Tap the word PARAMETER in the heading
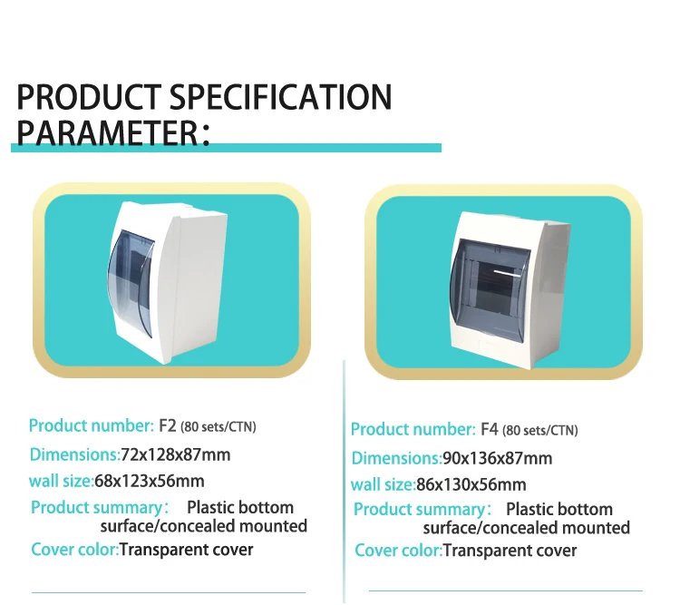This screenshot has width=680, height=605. coord(108,132)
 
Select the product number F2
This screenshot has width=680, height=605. coord(168,425)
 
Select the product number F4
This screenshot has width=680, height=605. coord(490,429)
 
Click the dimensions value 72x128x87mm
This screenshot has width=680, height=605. coord(176,454)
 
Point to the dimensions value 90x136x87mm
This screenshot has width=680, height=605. coord(498,458)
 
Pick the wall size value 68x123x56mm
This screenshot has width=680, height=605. coord(150,481)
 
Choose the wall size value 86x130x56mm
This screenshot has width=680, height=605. coord(471,484)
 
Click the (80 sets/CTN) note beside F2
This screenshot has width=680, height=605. coord(219,426)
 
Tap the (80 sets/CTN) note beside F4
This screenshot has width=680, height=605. coord(540,430)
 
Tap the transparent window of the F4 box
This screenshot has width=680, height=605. coord(490,289)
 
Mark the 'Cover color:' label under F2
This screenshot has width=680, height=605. coord(74,550)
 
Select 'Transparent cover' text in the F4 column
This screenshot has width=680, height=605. coord(510,551)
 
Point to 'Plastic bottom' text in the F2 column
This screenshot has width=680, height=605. coord(240,507)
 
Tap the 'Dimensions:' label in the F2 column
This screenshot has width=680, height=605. coord(74,454)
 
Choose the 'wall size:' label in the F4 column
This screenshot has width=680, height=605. coord(384,484)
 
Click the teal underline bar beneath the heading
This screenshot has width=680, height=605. coord(226,148)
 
